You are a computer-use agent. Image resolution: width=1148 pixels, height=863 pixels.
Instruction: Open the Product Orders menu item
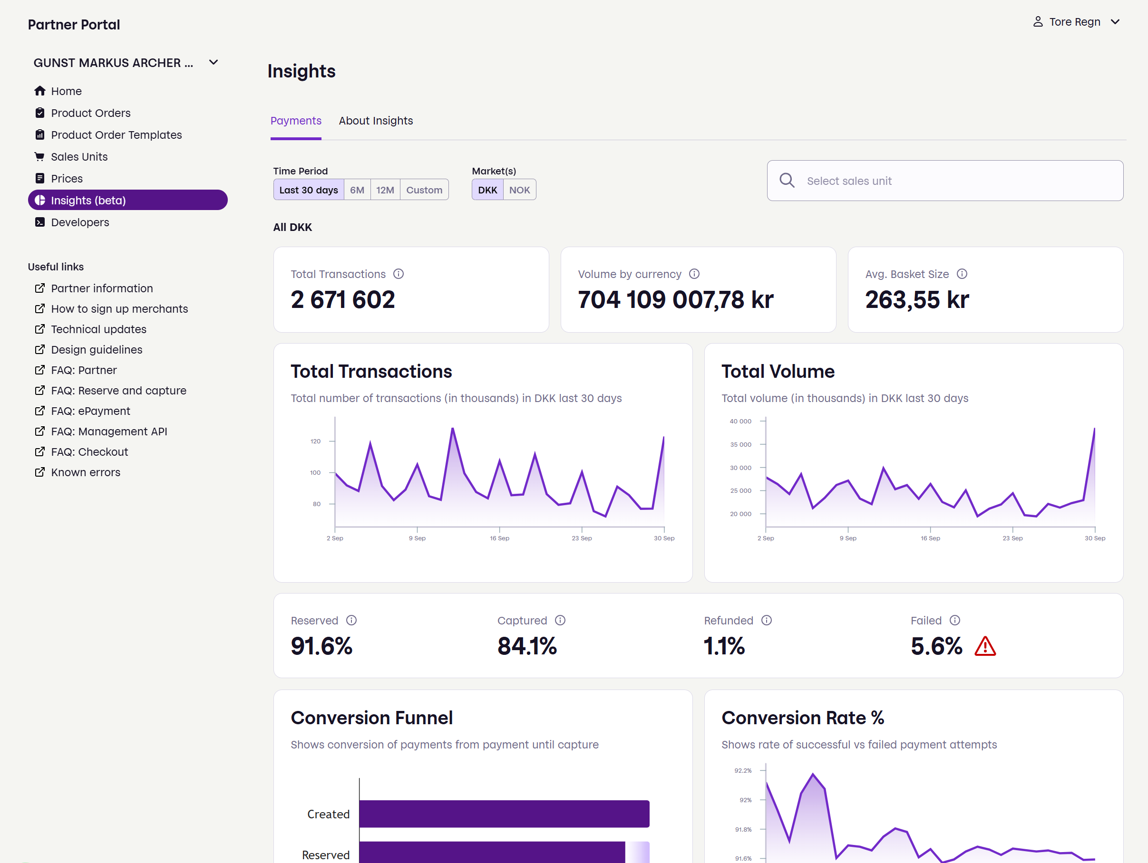90,113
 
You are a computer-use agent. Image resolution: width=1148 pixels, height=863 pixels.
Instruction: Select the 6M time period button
357,190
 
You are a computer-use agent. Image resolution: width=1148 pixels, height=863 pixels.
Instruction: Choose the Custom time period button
424,190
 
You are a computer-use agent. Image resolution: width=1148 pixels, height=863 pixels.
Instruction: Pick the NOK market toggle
519,190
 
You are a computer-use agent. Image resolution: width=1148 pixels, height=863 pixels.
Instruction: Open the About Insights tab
376,121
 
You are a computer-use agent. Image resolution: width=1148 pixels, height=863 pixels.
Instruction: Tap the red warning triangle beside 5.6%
985,646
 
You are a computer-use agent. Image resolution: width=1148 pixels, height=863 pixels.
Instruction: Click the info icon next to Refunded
767,620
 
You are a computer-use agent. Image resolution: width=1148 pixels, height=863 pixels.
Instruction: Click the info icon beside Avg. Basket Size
962,274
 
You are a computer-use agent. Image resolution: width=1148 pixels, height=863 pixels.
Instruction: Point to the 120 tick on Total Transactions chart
316,441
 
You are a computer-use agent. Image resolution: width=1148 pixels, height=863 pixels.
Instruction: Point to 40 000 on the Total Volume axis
740,421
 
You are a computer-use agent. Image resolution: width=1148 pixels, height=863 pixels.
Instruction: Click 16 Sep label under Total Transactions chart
499,538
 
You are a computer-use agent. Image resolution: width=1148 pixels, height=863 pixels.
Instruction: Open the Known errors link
86,472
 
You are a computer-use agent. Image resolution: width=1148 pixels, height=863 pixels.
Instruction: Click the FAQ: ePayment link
90,411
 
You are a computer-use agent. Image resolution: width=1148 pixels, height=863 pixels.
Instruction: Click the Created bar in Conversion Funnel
504,814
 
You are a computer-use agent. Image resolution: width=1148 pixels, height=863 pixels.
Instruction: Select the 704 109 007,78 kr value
676,300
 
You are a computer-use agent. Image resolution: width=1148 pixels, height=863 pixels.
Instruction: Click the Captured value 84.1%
527,646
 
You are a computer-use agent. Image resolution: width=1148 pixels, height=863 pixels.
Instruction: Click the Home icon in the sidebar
40,91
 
